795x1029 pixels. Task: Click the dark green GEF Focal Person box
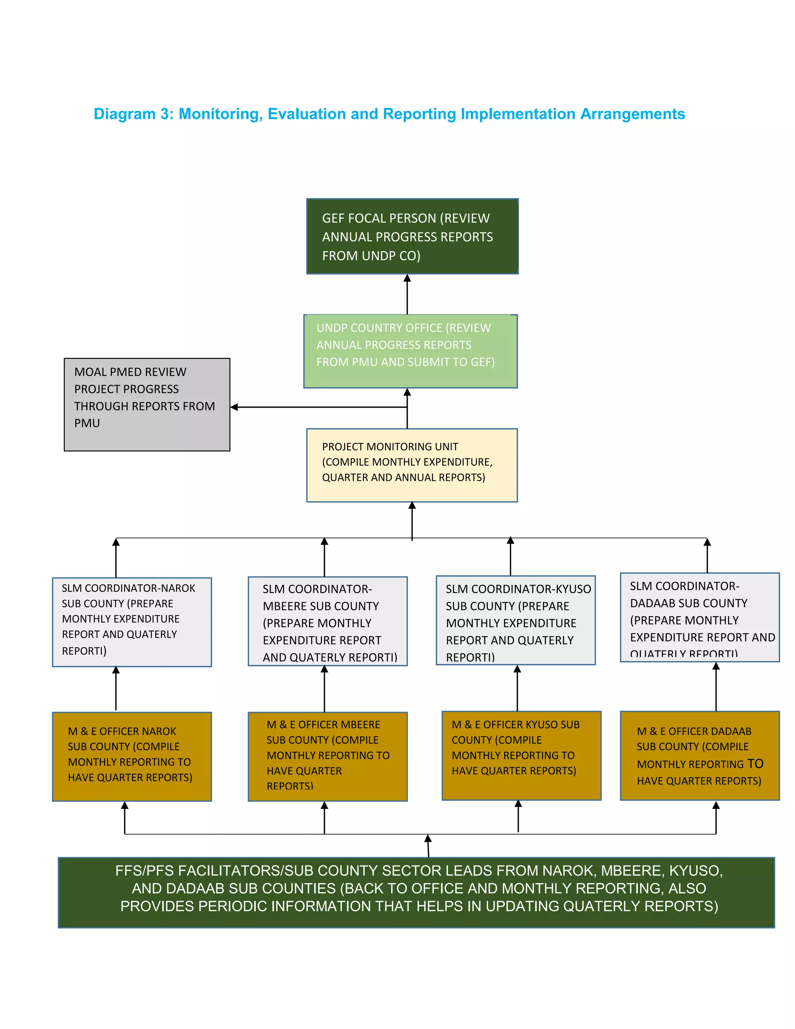[x=412, y=236]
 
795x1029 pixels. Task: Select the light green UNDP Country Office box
[x=410, y=351]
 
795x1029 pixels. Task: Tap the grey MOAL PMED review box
[x=147, y=405]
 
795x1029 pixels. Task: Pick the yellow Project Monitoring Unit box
[x=411, y=466]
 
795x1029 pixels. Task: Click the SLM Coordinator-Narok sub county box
[x=132, y=622]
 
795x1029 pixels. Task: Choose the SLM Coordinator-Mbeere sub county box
[x=327, y=621]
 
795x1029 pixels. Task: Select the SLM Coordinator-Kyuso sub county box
[x=516, y=621]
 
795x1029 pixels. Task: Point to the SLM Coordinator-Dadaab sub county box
[x=700, y=618]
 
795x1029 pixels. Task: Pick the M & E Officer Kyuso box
[x=521, y=756]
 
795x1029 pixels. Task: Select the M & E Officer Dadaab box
[x=700, y=756]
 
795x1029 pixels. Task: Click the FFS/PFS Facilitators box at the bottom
[x=417, y=892]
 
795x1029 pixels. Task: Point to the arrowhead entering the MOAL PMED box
[x=234, y=407]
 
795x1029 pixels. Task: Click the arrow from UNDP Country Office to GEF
[x=407, y=294]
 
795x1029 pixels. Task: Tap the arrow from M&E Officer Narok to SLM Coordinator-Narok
[x=116, y=689]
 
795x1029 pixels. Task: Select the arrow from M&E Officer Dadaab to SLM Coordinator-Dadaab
[x=716, y=687]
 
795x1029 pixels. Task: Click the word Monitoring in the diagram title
[x=220, y=114]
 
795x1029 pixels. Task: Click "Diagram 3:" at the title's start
[x=134, y=114]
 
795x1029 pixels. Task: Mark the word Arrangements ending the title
[x=632, y=114]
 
